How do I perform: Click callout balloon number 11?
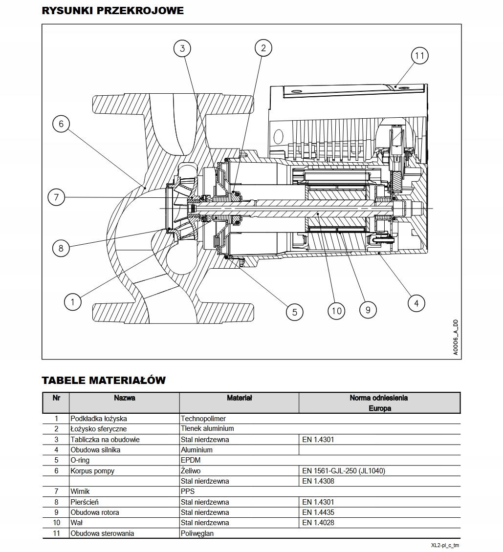419,56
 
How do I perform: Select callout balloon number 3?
182,48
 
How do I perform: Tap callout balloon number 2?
263,47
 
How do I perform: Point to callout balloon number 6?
61,124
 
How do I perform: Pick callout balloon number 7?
56,197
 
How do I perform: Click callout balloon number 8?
61,248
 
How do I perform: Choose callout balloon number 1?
73,302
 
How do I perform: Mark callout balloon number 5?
294,312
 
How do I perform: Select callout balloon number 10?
336,311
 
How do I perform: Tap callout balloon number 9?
368,309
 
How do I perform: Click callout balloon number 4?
416,303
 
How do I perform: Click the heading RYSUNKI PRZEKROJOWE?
113,11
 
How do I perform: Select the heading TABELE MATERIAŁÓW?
104,380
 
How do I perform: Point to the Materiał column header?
239,398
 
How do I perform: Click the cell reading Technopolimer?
203,419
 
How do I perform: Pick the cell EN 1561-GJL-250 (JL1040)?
343,471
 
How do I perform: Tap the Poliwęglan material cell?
197,533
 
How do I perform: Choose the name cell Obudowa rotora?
95,512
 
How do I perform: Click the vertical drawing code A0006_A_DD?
455,338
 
